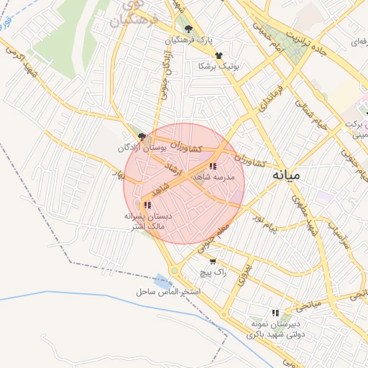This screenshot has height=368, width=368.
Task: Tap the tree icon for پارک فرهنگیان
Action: click(x=188, y=29)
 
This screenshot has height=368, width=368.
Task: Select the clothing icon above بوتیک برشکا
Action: click(x=218, y=55)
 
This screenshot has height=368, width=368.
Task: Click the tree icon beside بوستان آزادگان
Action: click(x=142, y=137)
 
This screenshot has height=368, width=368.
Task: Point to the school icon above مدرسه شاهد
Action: click(x=212, y=167)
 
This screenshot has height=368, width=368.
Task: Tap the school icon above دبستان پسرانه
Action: click(x=147, y=205)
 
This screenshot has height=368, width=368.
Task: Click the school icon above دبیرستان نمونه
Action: click(x=275, y=313)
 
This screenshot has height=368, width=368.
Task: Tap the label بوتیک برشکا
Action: click(x=218, y=66)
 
